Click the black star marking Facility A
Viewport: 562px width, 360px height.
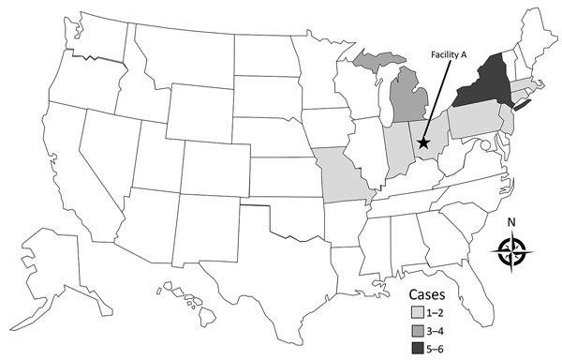(423, 142)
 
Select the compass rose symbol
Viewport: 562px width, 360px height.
(512, 250)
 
